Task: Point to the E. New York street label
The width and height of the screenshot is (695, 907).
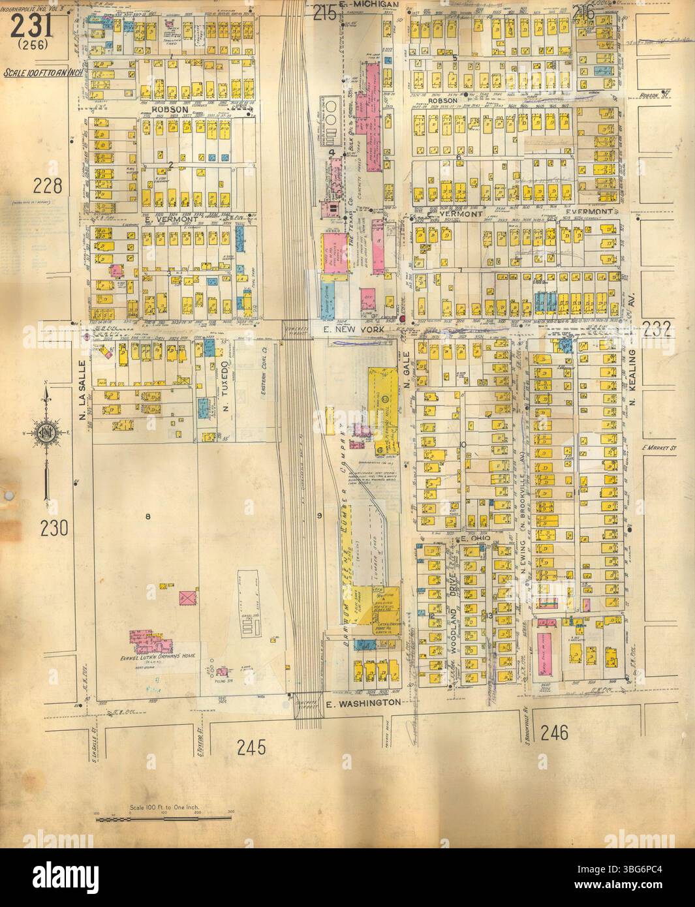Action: click(356, 331)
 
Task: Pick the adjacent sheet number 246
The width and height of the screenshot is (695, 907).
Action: click(554, 732)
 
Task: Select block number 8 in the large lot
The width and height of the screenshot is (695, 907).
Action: click(148, 517)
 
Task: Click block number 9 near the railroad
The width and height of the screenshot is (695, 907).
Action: click(319, 517)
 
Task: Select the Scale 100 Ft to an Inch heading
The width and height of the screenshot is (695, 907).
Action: click(43, 73)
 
